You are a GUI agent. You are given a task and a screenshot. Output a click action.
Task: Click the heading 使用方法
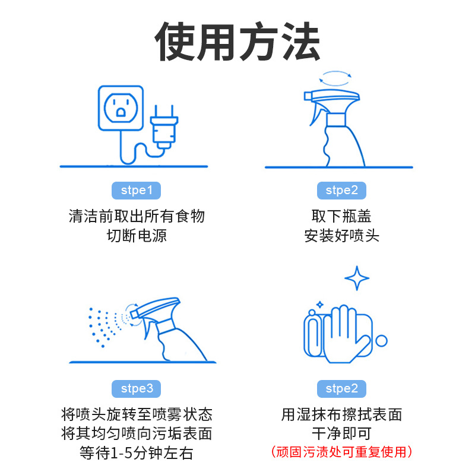[237, 41]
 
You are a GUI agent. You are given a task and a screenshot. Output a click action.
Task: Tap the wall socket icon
[121, 108]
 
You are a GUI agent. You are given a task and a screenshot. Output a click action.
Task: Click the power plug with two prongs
[164, 127]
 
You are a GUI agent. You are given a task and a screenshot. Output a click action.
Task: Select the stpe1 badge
[136, 191]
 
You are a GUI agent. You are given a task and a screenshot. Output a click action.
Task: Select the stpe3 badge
[136, 389]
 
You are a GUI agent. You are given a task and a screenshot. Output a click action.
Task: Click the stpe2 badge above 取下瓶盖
[341, 191]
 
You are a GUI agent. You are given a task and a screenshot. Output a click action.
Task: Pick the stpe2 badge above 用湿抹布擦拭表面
[341, 389]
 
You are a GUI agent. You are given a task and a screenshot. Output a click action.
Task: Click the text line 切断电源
[137, 236]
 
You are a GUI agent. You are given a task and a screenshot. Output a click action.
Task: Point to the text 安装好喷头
[342, 236]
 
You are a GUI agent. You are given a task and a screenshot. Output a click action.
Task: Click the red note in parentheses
[341, 452]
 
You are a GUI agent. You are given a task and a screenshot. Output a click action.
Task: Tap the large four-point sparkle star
[357, 278]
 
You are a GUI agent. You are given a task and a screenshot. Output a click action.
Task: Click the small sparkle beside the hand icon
[319, 305]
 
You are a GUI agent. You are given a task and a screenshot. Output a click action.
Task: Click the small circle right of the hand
[381, 341]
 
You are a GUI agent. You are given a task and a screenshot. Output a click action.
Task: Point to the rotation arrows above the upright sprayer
[335, 78]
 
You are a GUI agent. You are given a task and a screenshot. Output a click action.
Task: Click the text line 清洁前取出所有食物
[137, 216]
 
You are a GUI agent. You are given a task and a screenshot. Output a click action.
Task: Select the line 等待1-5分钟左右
[137, 453]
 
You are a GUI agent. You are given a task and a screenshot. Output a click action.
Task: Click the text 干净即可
[342, 433]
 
